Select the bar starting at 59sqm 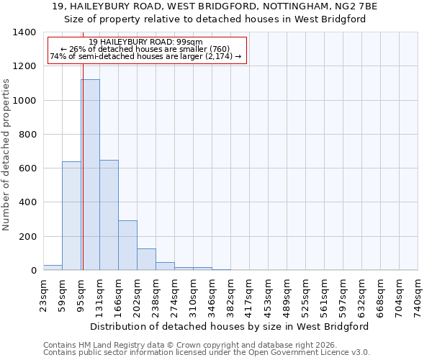(71, 216)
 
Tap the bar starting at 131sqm (109, 215)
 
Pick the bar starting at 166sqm (127, 246)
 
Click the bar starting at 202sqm (146, 259)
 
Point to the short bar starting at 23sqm (53, 267)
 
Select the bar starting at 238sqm (165, 266)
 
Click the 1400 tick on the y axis (24, 32)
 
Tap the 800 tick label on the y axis (27, 134)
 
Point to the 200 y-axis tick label (27, 236)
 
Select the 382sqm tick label (230, 295)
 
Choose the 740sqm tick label (418, 295)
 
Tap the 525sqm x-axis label (305, 295)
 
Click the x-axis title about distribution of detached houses (230, 326)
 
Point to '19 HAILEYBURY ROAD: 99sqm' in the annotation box (147, 42)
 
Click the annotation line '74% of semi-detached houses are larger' (147, 57)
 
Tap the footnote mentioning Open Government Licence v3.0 (207, 353)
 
